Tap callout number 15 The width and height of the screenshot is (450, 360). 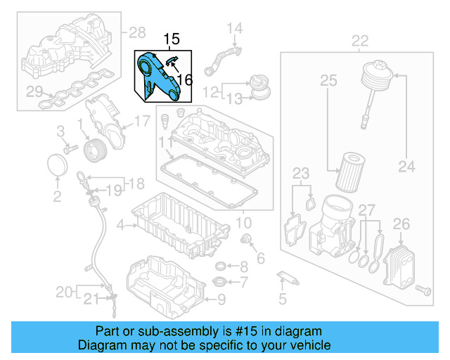click(x=172, y=39)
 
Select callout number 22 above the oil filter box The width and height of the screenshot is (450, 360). click(x=359, y=41)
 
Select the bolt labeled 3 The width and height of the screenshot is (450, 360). click(x=70, y=149)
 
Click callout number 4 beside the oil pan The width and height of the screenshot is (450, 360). click(x=120, y=225)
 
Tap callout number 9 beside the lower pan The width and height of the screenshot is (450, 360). click(x=221, y=301)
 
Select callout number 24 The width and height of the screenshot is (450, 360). click(x=407, y=167)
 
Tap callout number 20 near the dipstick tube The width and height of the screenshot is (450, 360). click(x=63, y=291)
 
